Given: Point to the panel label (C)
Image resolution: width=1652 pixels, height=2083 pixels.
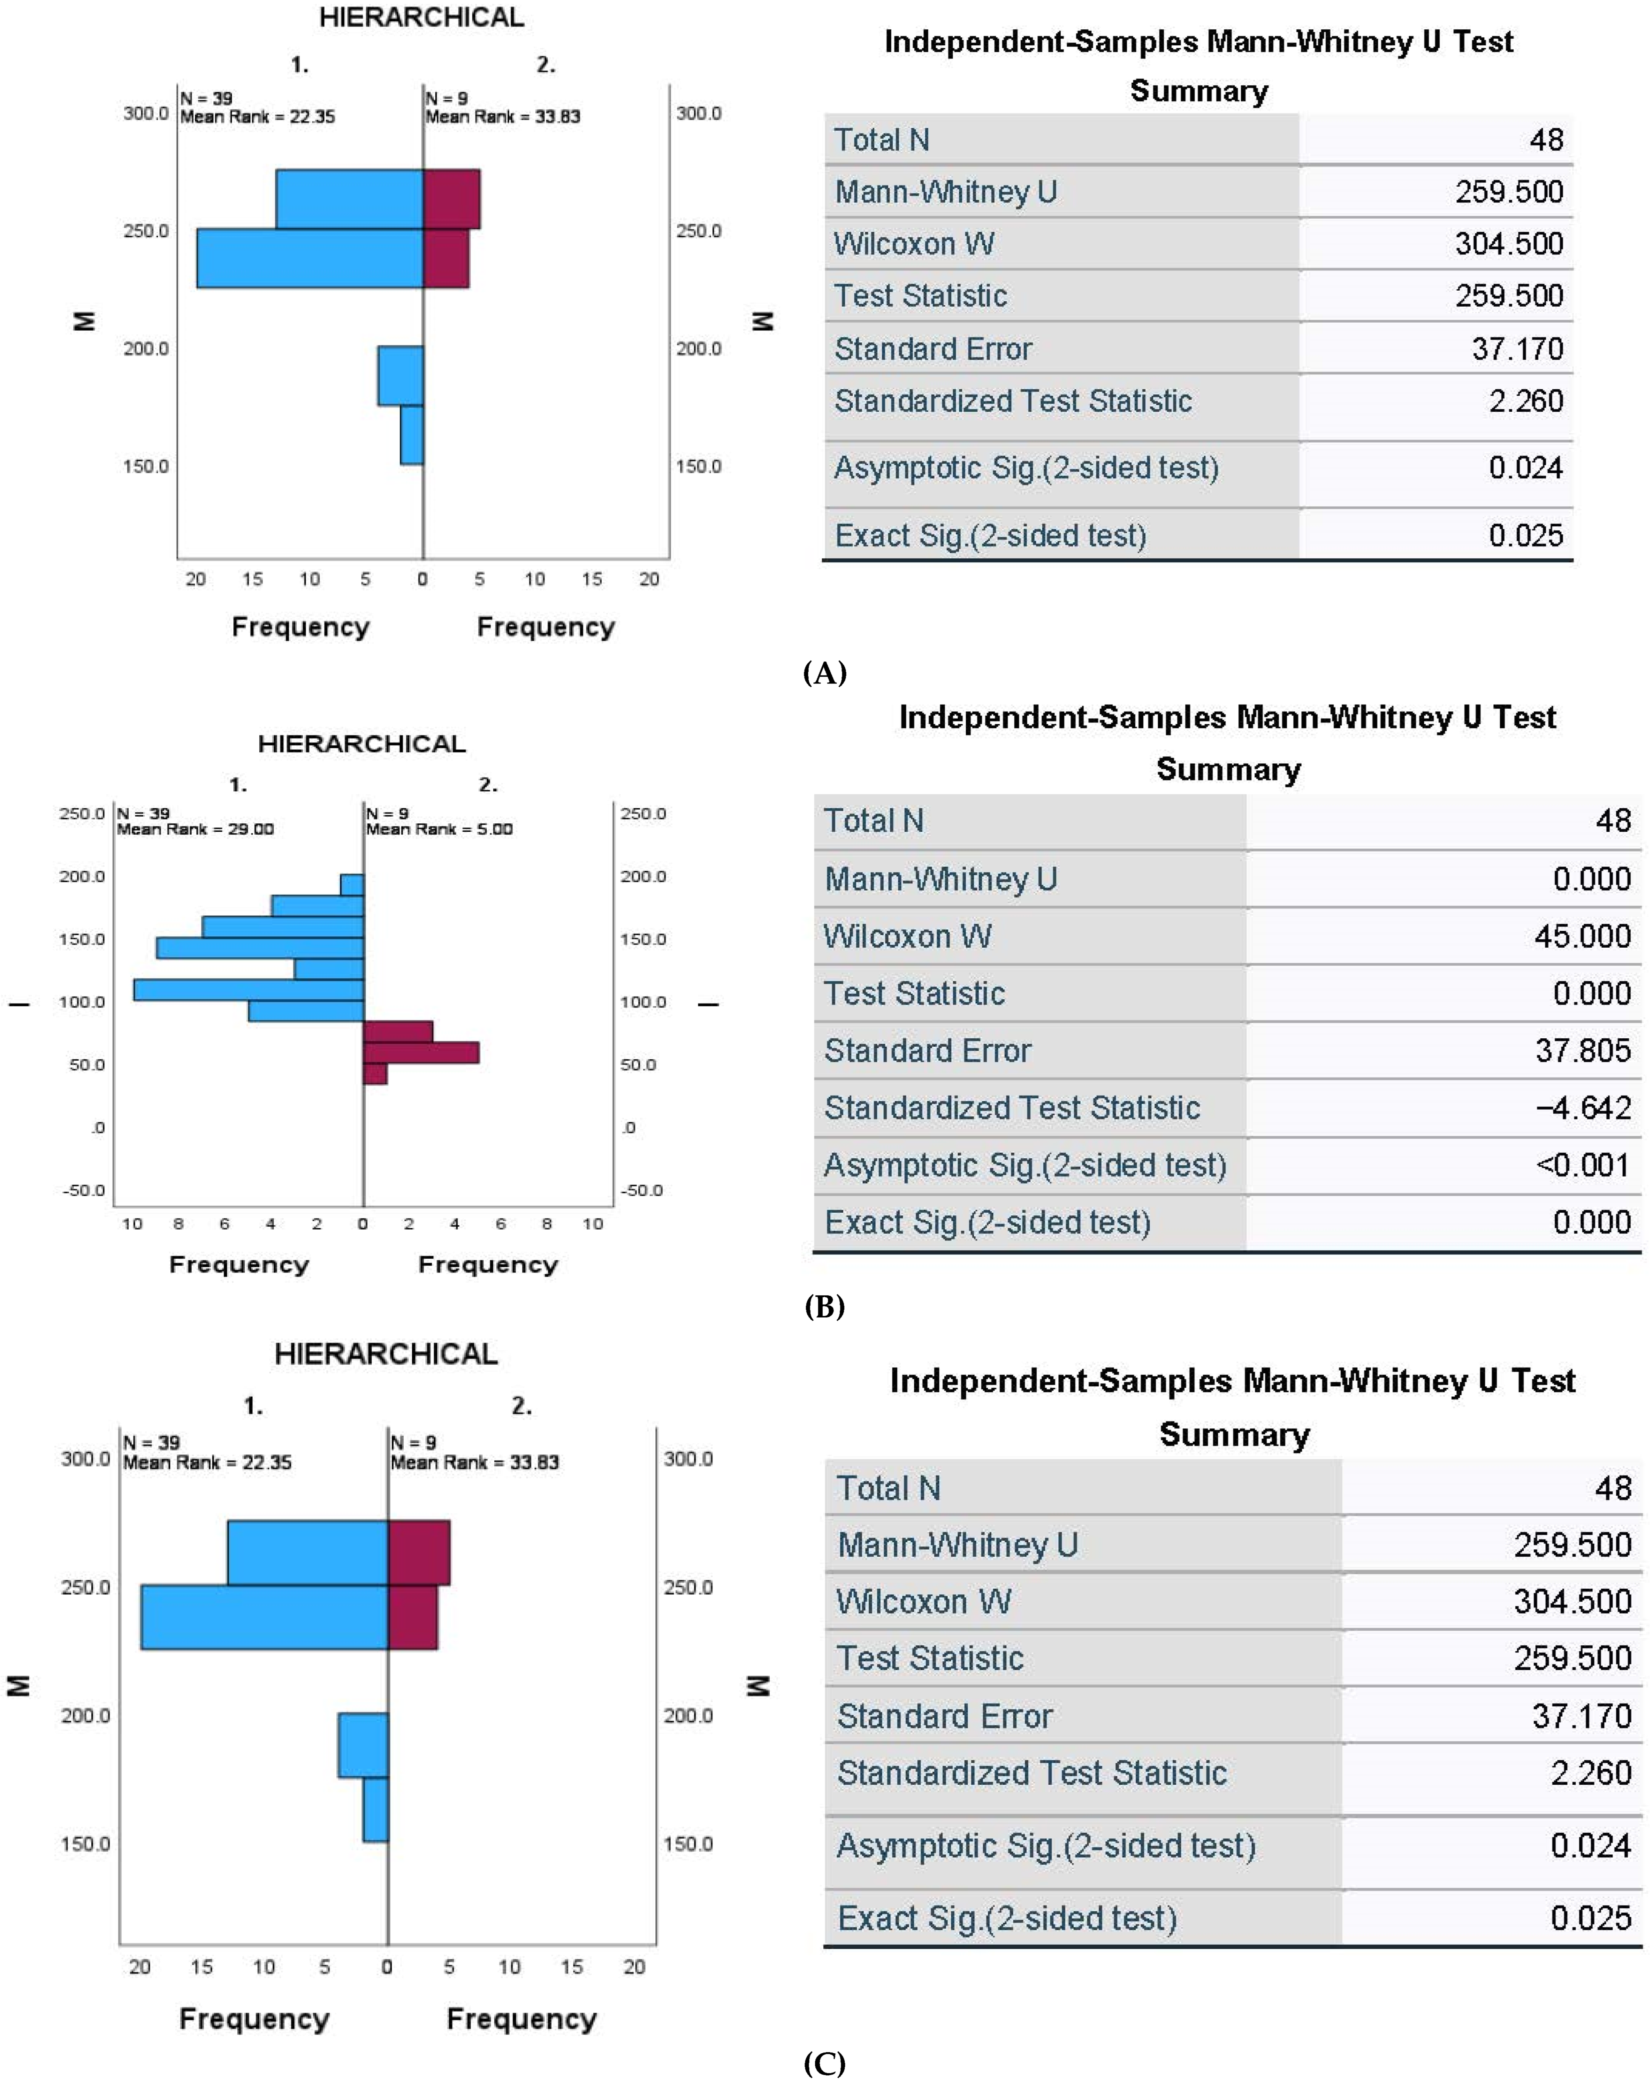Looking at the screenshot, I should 824,2063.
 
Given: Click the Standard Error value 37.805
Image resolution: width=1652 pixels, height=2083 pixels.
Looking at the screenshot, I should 1581,1050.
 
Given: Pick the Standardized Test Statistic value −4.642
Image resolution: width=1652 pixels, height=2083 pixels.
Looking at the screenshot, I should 1581,1107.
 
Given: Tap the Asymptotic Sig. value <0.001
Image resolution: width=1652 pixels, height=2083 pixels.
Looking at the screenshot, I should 1581,1164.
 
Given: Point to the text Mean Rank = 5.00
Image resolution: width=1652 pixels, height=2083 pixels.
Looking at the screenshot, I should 440,829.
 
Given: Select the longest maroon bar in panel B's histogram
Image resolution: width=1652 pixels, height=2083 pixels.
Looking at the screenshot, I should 420,1052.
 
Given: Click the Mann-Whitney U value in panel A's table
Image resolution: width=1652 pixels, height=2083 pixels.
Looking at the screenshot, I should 1508,191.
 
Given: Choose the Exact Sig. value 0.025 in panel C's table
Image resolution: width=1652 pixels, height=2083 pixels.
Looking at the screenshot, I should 1589,1918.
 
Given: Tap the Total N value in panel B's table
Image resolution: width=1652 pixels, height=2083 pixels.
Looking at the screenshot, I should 1612,820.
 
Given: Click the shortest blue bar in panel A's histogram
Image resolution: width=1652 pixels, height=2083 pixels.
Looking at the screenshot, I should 412,435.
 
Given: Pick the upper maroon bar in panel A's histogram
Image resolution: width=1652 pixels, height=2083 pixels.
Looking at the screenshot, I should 451,199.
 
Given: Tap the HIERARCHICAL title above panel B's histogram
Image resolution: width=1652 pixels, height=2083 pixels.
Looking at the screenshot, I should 361,744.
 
